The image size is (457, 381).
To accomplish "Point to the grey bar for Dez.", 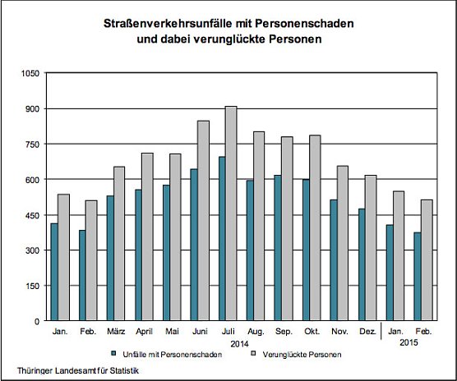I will (x=371, y=247).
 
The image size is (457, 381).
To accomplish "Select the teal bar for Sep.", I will (x=278, y=247).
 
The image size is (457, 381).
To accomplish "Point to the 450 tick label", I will (x=31, y=215).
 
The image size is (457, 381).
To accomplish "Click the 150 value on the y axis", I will (x=31, y=286).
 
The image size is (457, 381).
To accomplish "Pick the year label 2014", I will (x=240, y=343).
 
